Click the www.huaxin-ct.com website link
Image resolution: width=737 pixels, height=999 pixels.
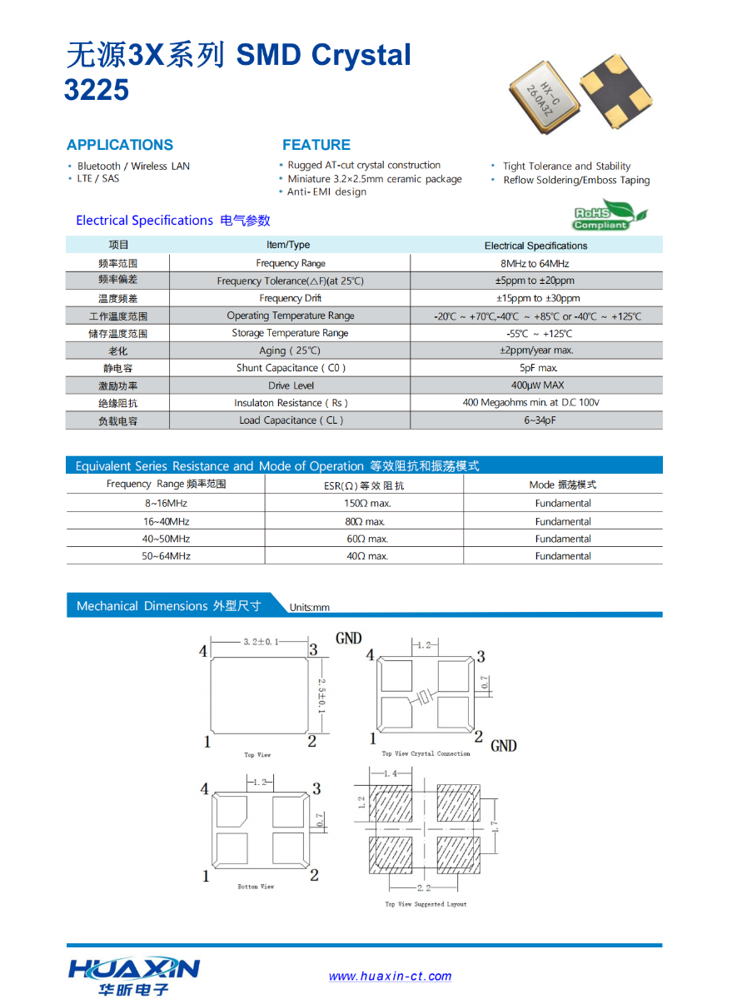[x=390, y=977]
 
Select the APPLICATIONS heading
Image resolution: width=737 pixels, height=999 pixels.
[x=120, y=145]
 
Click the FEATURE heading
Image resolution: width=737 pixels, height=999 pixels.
[x=316, y=145]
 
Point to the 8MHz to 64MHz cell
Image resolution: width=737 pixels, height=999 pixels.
[x=536, y=263]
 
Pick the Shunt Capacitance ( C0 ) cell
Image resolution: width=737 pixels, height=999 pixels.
[x=291, y=368]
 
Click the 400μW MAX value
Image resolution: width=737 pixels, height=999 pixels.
[x=537, y=385]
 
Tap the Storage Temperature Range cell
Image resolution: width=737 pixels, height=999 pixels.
[x=290, y=333]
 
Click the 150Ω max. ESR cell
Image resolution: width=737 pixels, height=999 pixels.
[x=367, y=504]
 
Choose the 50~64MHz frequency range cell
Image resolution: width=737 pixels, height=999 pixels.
[x=166, y=556]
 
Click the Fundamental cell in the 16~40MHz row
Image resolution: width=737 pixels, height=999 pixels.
[x=563, y=522]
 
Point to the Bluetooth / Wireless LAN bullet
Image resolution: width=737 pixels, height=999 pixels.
[x=133, y=166]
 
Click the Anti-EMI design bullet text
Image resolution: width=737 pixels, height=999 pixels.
[x=326, y=192]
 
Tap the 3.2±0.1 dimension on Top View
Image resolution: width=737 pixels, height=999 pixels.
[x=261, y=642]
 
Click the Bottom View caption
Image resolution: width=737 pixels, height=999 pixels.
[x=256, y=887]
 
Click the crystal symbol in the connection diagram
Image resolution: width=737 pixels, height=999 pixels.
[x=426, y=697]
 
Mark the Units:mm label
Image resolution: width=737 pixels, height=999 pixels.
[x=310, y=608]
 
